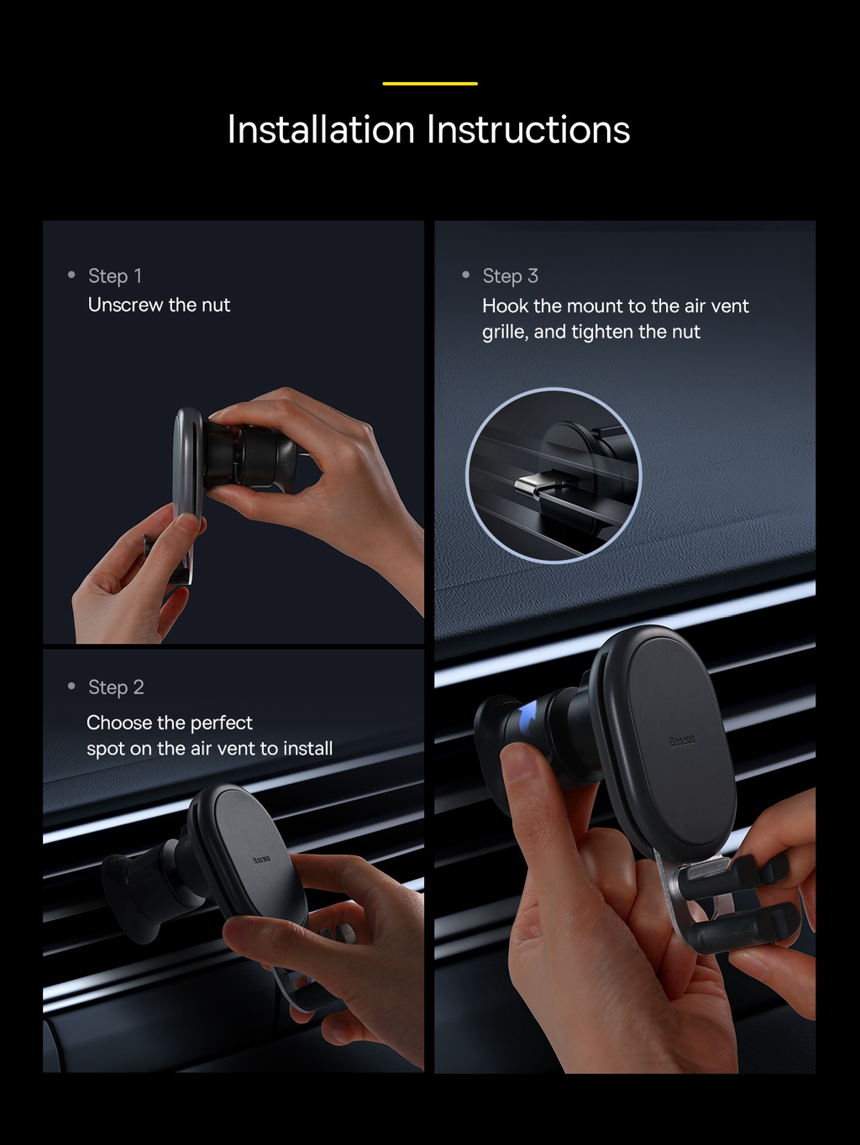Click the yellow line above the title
(430, 83)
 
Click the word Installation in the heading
(321, 130)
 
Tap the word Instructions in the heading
(528, 130)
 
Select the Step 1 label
(115, 276)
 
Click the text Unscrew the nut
(159, 305)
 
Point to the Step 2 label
(116, 688)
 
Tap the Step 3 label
(510, 276)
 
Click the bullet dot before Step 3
(466, 275)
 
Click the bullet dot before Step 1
(71, 275)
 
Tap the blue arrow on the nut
(527, 721)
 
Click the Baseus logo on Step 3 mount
(682, 740)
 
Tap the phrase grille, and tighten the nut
(590, 332)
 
